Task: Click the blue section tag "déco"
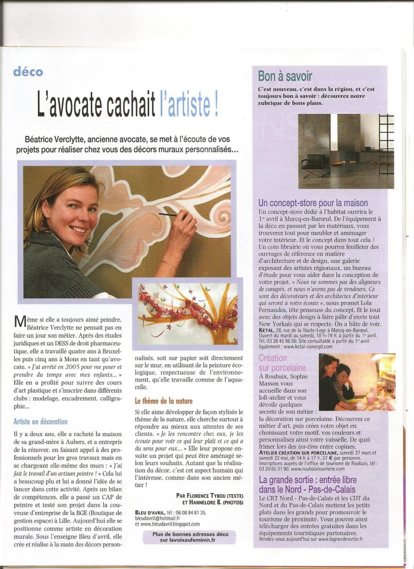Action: [28, 72]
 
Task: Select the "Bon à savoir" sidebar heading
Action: [285, 76]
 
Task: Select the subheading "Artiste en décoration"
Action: [40, 421]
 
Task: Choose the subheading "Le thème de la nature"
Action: [163, 401]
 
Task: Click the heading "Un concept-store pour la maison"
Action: [313, 203]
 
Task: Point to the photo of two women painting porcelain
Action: [357, 382]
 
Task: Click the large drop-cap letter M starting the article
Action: [19, 321]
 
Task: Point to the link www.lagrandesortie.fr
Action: [341, 539]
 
